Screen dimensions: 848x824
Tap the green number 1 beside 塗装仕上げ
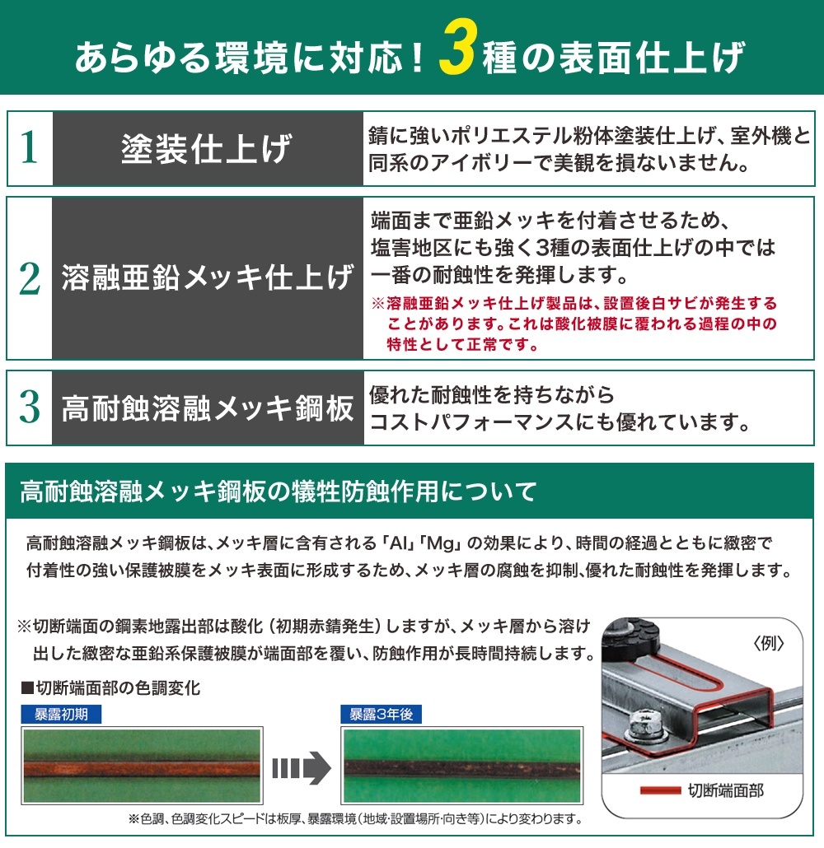30,148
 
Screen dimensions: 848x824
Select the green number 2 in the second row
30,278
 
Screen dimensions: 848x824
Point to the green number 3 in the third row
30,408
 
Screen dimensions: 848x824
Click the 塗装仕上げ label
207,149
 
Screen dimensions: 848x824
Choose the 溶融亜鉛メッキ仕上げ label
207,278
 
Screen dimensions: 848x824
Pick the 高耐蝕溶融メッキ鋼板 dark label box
207,408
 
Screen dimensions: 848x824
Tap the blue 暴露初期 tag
62,714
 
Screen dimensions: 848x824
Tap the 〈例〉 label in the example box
768,643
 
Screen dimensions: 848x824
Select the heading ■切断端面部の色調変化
109,687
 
